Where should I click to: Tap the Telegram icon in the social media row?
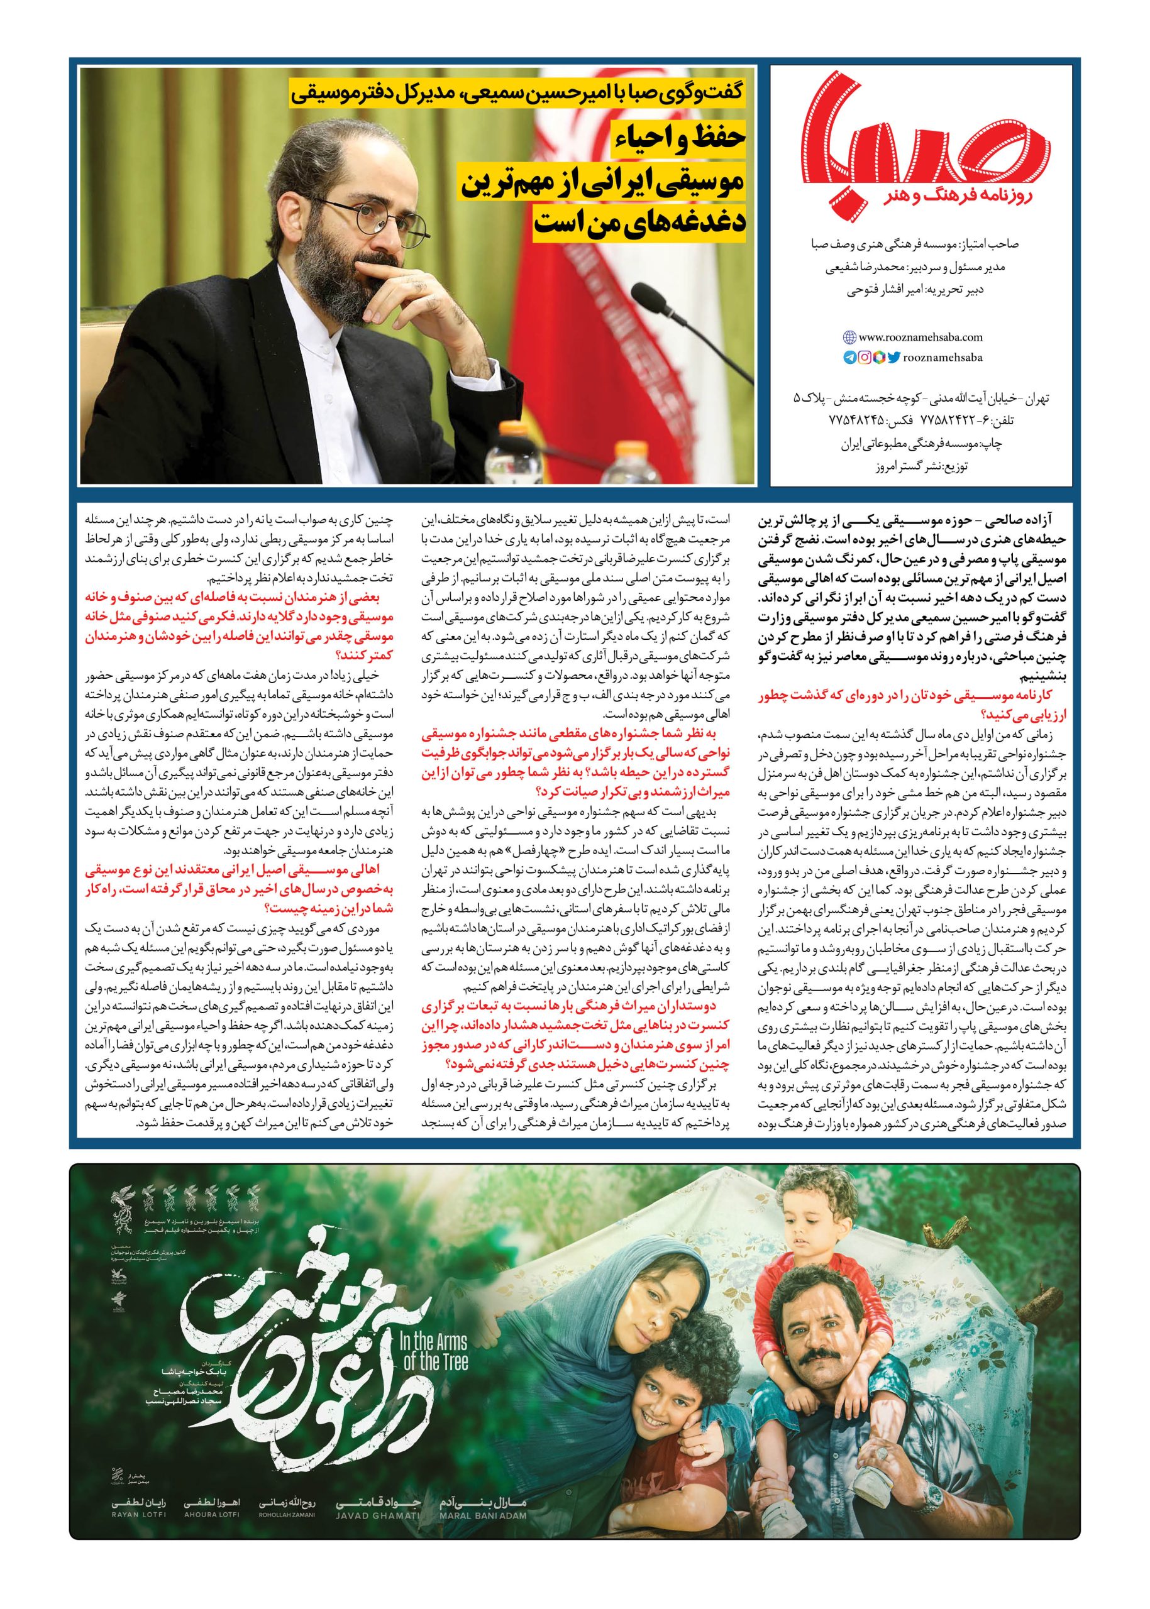849,358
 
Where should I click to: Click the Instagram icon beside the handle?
865,358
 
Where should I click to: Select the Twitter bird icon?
894,358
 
